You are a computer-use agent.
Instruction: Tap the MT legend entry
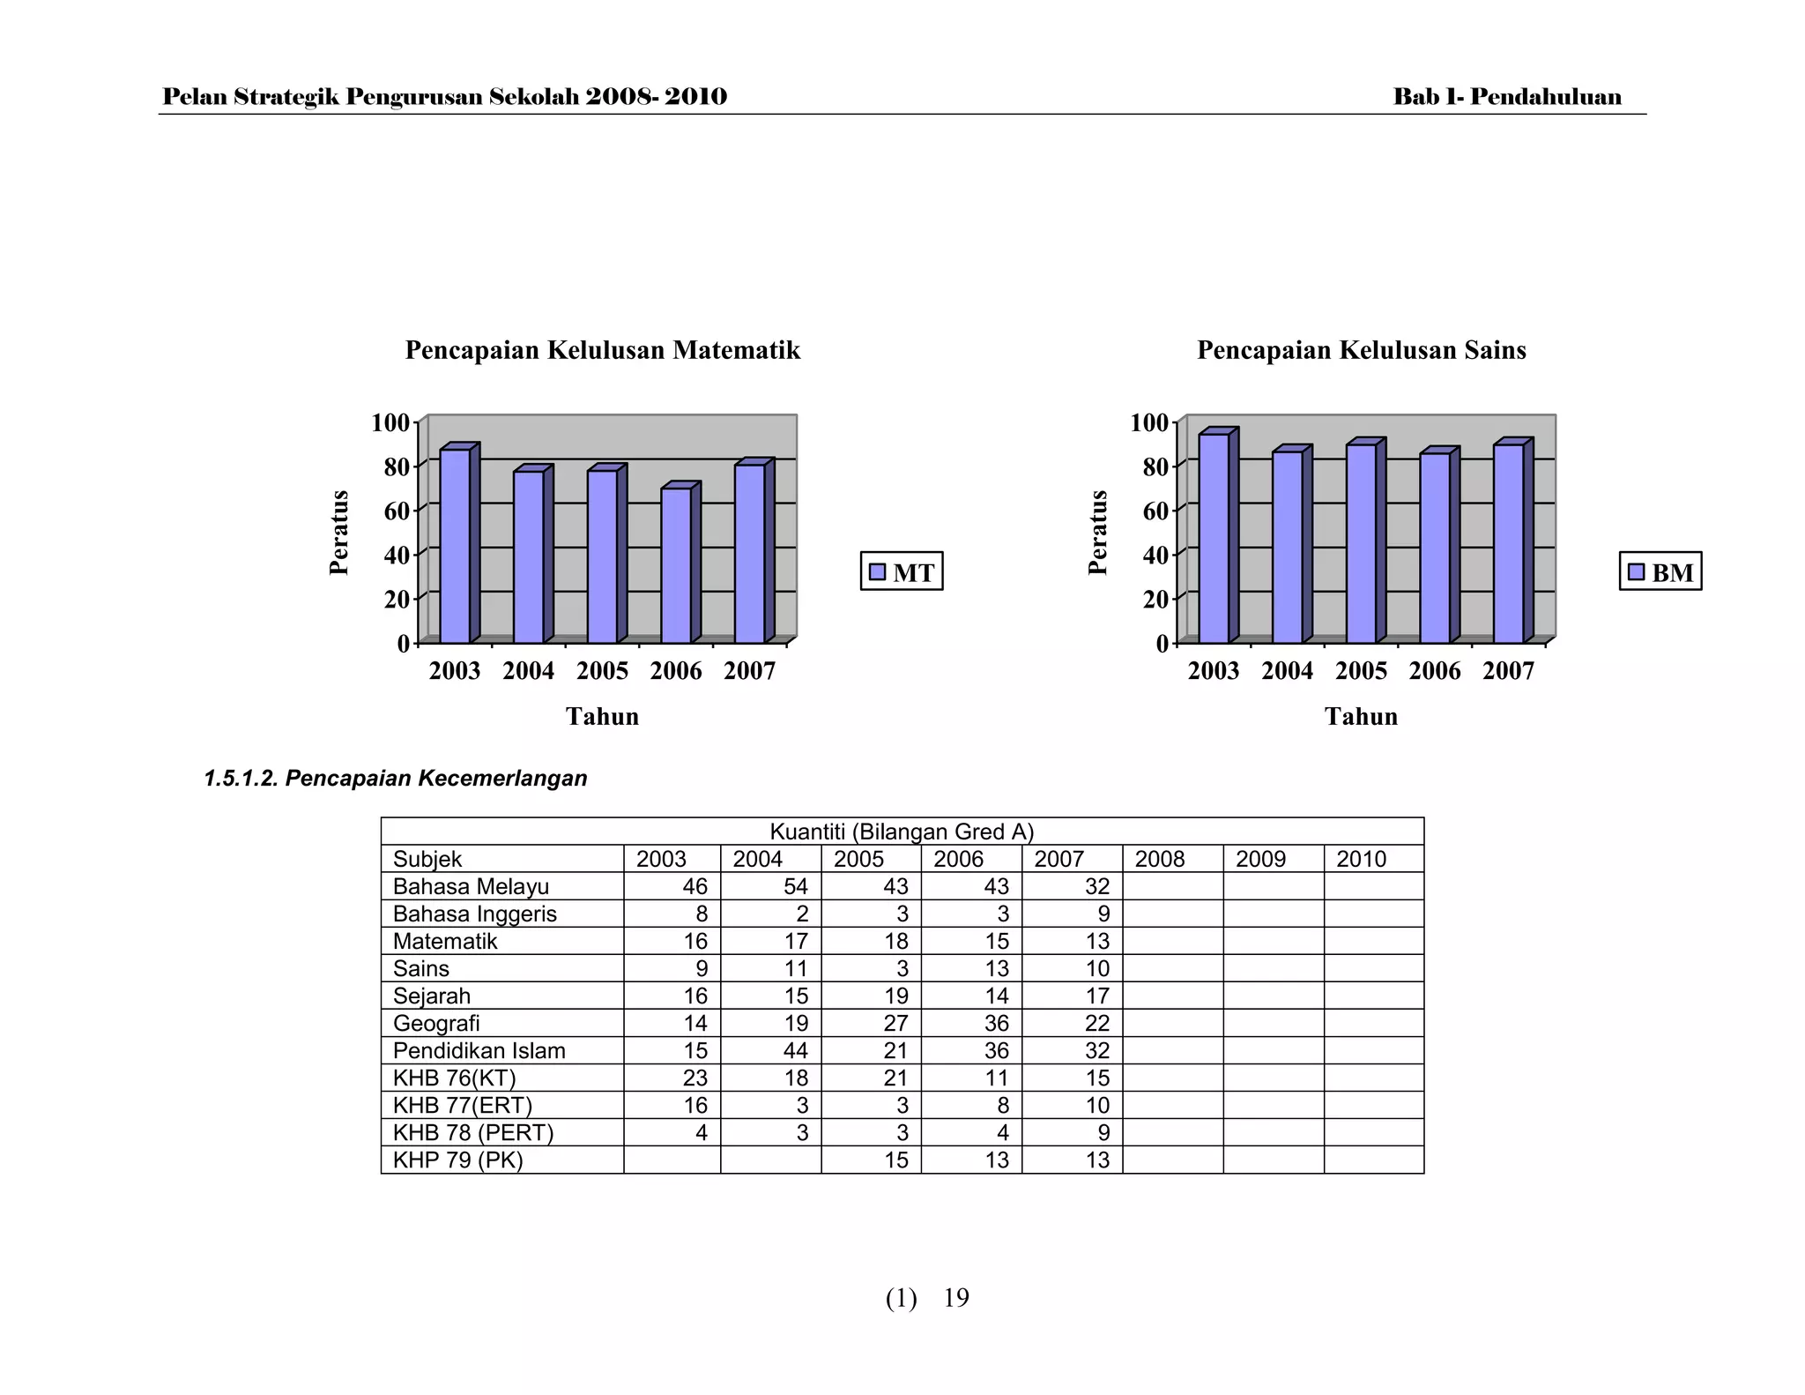(x=902, y=572)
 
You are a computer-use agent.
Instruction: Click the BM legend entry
(x=1660, y=572)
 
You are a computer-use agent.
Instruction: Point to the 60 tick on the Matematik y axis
(x=397, y=511)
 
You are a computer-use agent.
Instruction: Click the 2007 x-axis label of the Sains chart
(x=1508, y=671)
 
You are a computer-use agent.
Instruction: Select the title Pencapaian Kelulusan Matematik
(x=603, y=350)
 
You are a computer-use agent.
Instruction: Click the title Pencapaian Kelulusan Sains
(x=1361, y=350)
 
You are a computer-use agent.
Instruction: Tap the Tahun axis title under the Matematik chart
(x=602, y=716)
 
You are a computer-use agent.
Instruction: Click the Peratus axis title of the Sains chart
(x=1097, y=533)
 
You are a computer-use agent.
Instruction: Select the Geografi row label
(x=436, y=1023)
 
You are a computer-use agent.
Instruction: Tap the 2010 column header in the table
(x=1361, y=859)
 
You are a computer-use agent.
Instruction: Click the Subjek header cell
(x=427, y=859)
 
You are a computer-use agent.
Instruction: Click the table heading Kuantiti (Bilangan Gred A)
(x=902, y=832)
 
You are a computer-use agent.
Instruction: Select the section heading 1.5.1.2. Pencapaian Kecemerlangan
(x=395, y=779)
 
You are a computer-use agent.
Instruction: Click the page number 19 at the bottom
(x=956, y=1298)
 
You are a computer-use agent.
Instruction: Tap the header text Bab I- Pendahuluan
(x=1507, y=97)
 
